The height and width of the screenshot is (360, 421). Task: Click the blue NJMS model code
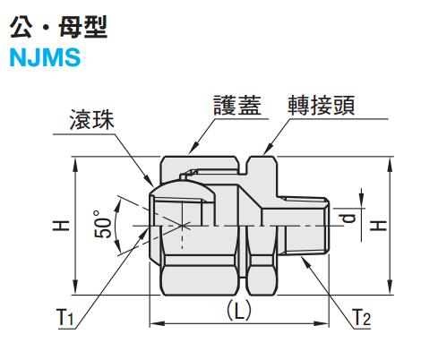(46, 57)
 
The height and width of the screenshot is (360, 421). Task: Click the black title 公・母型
(58, 27)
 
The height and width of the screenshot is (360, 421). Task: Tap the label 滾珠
(91, 120)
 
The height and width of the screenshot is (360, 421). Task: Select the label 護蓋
(237, 106)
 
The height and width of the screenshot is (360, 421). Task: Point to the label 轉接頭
(322, 106)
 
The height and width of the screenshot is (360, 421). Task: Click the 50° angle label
(102, 225)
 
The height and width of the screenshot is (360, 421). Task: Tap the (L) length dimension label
(239, 310)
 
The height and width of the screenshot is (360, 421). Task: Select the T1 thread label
(64, 318)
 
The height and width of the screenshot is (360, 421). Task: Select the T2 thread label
(362, 318)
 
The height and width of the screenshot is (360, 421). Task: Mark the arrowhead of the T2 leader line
(305, 261)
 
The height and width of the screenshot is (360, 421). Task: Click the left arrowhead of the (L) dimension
(157, 323)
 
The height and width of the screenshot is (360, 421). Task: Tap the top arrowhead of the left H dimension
(75, 165)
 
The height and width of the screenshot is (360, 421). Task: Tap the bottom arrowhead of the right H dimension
(390, 287)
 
